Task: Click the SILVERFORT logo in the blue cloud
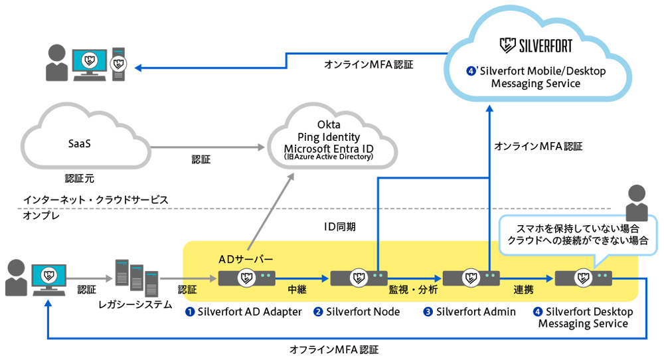click(536, 45)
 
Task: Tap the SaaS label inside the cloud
click(80, 143)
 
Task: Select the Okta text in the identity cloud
click(329, 124)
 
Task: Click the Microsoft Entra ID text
click(329, 149)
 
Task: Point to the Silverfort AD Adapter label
click(250, 312)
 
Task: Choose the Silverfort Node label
click(363, 312)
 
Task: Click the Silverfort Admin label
click(476, 312)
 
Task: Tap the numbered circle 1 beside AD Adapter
click(190, 312)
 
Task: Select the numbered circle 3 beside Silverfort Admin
click(428, 312)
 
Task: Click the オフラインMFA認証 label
click(334, 349)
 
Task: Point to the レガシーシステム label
click(135, 304)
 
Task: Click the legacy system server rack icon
click(136, 278)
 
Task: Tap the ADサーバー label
click(246, 259)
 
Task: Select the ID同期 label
click(339, 227)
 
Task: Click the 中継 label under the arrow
click(297, 290)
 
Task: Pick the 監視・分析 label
click(413, 290)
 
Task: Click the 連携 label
click(523, 290)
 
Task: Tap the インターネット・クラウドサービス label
click(96, 199)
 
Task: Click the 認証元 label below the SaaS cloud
click(80, 178)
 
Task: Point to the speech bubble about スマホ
click(578, 235)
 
